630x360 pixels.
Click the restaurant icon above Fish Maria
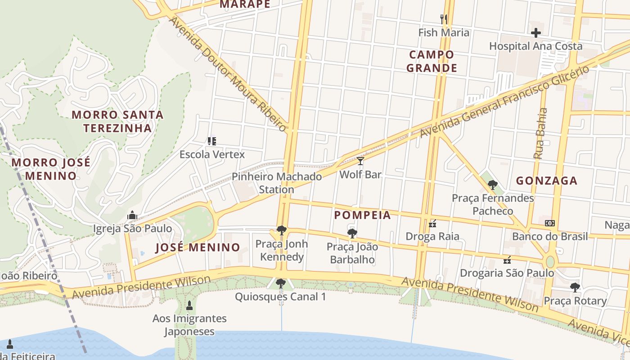pos(444,19)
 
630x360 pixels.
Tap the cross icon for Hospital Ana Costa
pos(535,33)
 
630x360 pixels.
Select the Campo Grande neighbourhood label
pos(432,62)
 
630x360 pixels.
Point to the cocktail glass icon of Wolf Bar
pos(360,161)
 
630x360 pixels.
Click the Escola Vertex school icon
pos(212,141)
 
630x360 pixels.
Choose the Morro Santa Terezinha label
pos(117,121)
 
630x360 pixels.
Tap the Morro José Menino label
pos(50,169)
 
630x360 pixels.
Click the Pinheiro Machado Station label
pos(277,183)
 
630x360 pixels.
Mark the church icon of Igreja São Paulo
pos(132,215)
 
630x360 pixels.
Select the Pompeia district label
pos(362,215)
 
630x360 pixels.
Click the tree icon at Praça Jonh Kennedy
pos(282,230)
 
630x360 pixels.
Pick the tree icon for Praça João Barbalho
pos(352,233)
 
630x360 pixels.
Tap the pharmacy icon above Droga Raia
pos(432,223)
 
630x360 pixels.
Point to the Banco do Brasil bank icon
pos(549,223)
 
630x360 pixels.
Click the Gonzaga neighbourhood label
pos(546,181)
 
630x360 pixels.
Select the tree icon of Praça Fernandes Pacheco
pos(492,184)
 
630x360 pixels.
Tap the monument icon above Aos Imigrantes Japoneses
pos(189,306)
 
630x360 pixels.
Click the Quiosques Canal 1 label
pos(280,297)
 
